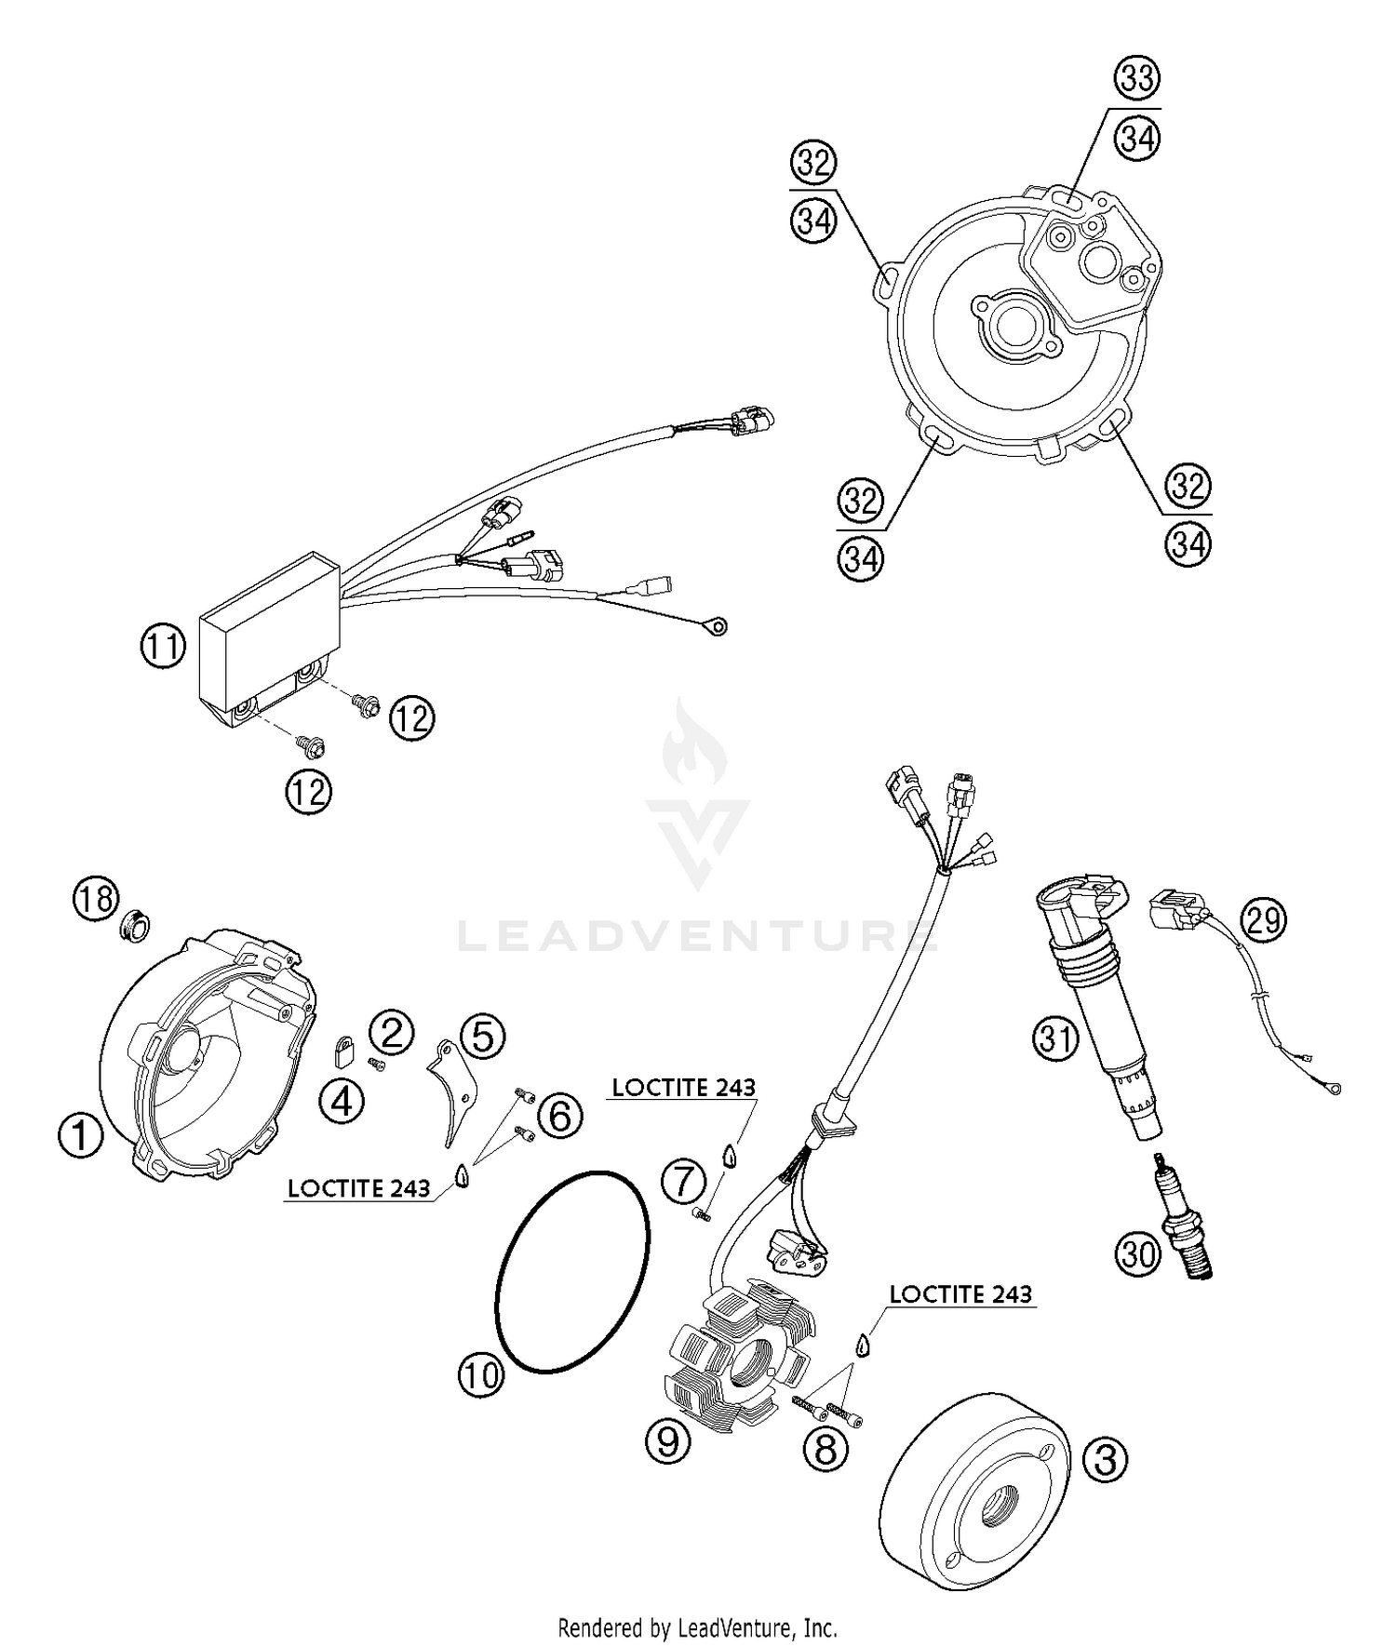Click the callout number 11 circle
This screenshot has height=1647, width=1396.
point(164,646)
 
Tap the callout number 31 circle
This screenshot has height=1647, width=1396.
point(1055,1037)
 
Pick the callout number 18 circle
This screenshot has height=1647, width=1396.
point(97,899)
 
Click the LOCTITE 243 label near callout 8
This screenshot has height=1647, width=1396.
point(960,1294)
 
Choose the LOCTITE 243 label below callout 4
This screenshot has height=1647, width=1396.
point(359,1188)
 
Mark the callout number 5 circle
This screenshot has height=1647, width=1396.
point(482,1036)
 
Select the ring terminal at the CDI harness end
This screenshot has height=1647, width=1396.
point(716,628)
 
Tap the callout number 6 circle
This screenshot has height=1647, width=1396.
point(559,1115)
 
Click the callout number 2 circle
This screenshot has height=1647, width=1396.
point(391,1031)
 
